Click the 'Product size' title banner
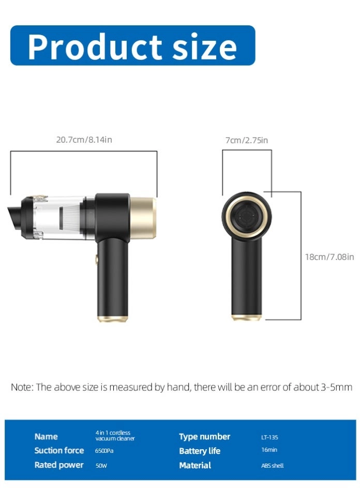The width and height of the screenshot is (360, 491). [x=132, y=45]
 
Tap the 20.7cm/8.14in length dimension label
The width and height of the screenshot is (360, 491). [x=84, y=140]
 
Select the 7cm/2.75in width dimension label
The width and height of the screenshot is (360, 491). [x=247, y=140]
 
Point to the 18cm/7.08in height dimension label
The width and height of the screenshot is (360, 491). [x=329, y=257]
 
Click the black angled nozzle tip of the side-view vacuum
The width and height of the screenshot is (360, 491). [x=14, y=216]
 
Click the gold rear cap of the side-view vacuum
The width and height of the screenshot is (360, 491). [x=143, y=218]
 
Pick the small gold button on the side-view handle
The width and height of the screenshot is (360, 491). [x=97, y=259]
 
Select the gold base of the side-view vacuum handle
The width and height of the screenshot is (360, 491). [x=112, y=319]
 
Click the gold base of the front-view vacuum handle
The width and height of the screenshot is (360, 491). [x=246, y=317]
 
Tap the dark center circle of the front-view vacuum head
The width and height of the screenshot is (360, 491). [x=247, y=217]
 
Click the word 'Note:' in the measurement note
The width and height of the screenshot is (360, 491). [x=22, y=387]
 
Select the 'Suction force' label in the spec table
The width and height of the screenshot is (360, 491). [x=59, y=450]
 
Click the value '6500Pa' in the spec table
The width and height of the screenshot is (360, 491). [x=104, y=451]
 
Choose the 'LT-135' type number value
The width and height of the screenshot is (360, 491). [x=269, y=437]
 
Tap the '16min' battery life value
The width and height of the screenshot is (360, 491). [x=269, y=450]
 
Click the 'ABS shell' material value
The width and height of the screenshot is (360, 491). [x=272, y=466]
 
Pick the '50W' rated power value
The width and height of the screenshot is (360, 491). [x=101, y=466]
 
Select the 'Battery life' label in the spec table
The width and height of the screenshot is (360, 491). [x=200, y=451]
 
